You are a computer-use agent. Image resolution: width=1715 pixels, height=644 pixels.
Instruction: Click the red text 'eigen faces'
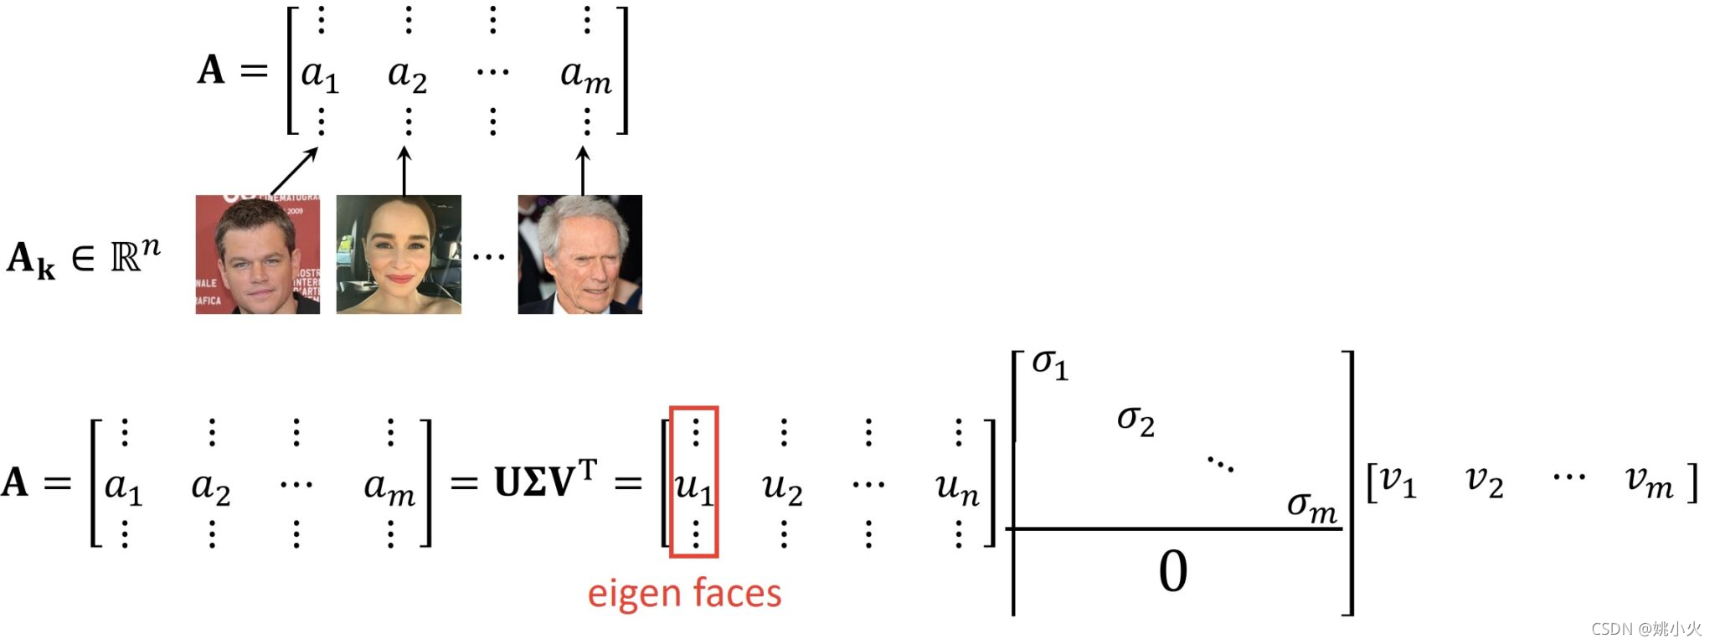click(684, 593)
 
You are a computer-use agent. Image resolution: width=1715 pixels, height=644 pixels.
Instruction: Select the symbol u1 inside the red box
click(693, 486)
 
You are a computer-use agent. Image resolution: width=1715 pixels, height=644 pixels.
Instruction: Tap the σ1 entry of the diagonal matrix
click(1049, 364)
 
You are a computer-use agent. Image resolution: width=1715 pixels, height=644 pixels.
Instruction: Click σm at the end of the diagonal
click(1311, 505)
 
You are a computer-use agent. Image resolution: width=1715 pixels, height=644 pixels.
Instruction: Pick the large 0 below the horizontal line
click(1172, 572)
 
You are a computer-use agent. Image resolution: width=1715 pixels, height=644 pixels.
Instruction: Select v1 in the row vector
click(1398, 481)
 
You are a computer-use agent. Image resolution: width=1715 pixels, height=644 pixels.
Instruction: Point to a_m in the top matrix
click(585, 75)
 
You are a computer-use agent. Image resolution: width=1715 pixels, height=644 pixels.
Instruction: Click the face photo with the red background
click(258, 255)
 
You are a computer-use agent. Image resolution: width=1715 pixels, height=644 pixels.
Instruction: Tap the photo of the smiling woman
click(399, 255)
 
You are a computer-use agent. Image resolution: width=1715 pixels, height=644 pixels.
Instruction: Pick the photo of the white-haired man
click(579, 255)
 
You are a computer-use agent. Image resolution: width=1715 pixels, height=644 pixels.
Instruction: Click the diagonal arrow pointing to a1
click(294, 172)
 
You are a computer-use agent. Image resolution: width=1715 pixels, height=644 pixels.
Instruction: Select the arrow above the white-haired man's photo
click(583, 171)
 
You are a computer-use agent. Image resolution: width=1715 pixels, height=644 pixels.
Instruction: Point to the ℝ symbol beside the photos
click(126, 258)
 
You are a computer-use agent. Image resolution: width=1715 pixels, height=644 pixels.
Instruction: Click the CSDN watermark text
click(1646, 629)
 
